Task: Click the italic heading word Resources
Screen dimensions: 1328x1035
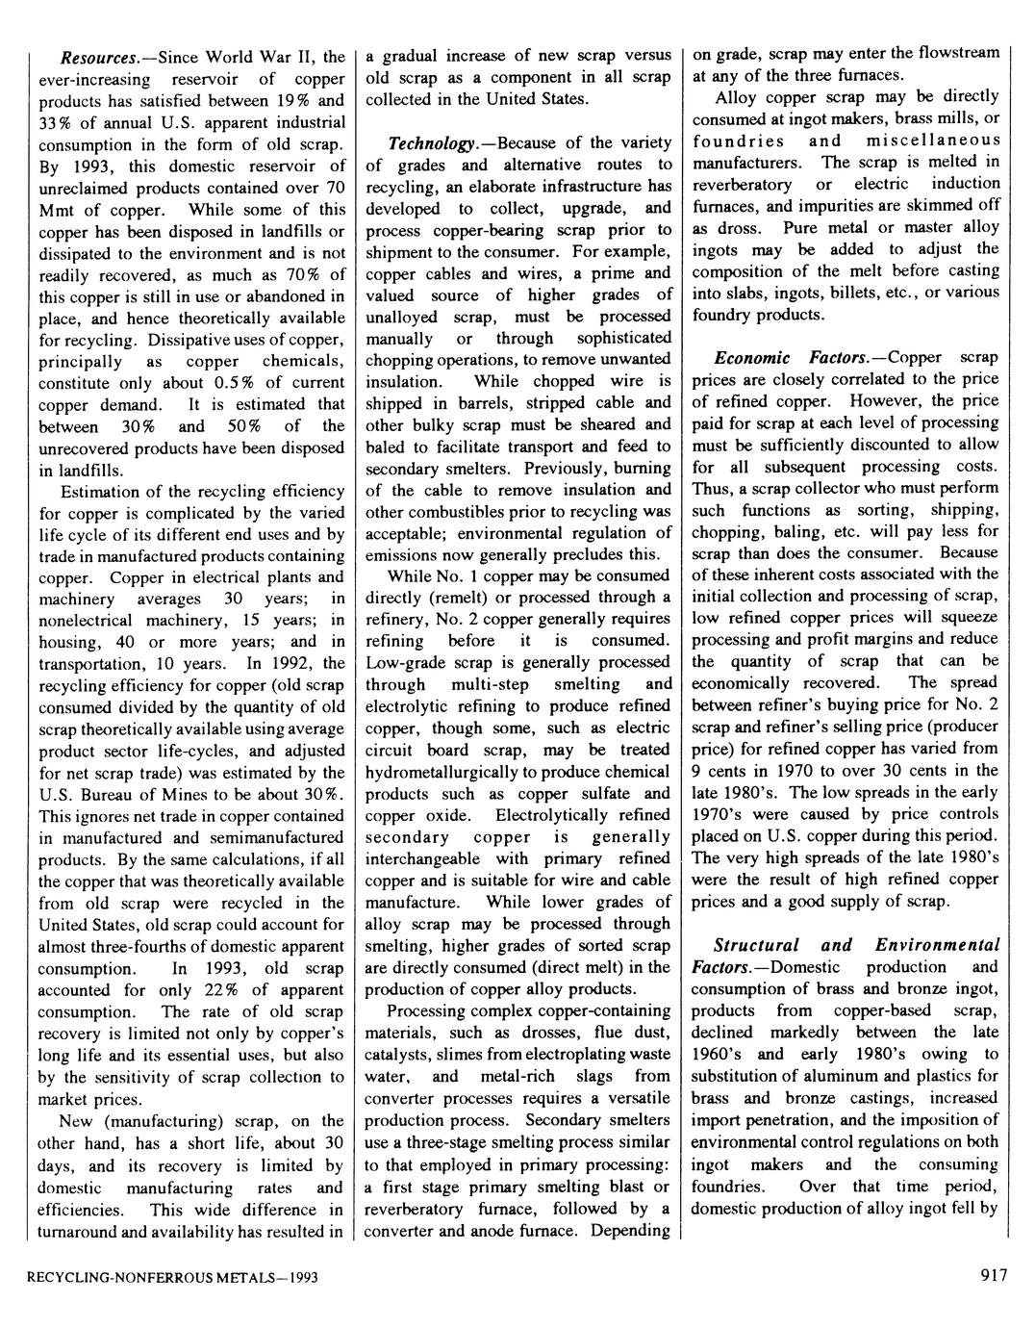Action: click(94, 57)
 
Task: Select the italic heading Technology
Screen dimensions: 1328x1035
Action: click(432, 144)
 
